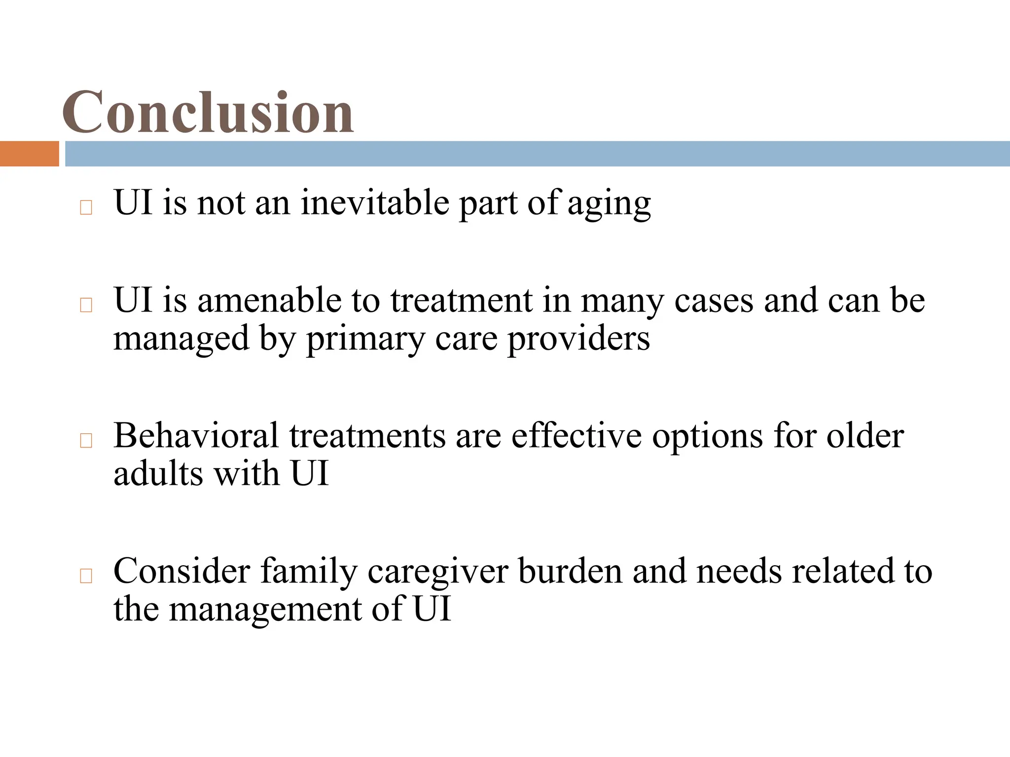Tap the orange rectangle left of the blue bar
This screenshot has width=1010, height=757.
(29, 154)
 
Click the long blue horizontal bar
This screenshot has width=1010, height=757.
(537, 154)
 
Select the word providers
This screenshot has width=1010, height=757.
(578, 339)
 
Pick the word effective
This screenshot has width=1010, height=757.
(577, 436)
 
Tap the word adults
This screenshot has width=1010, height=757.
(158, 474)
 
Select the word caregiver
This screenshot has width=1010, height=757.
(437, 572)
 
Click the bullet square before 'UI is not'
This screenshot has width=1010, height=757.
(86, 208)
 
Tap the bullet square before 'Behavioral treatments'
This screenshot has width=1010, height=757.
(86, 441)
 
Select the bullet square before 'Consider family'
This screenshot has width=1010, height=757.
(86, 576)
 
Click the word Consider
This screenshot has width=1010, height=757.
(181, 571)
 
